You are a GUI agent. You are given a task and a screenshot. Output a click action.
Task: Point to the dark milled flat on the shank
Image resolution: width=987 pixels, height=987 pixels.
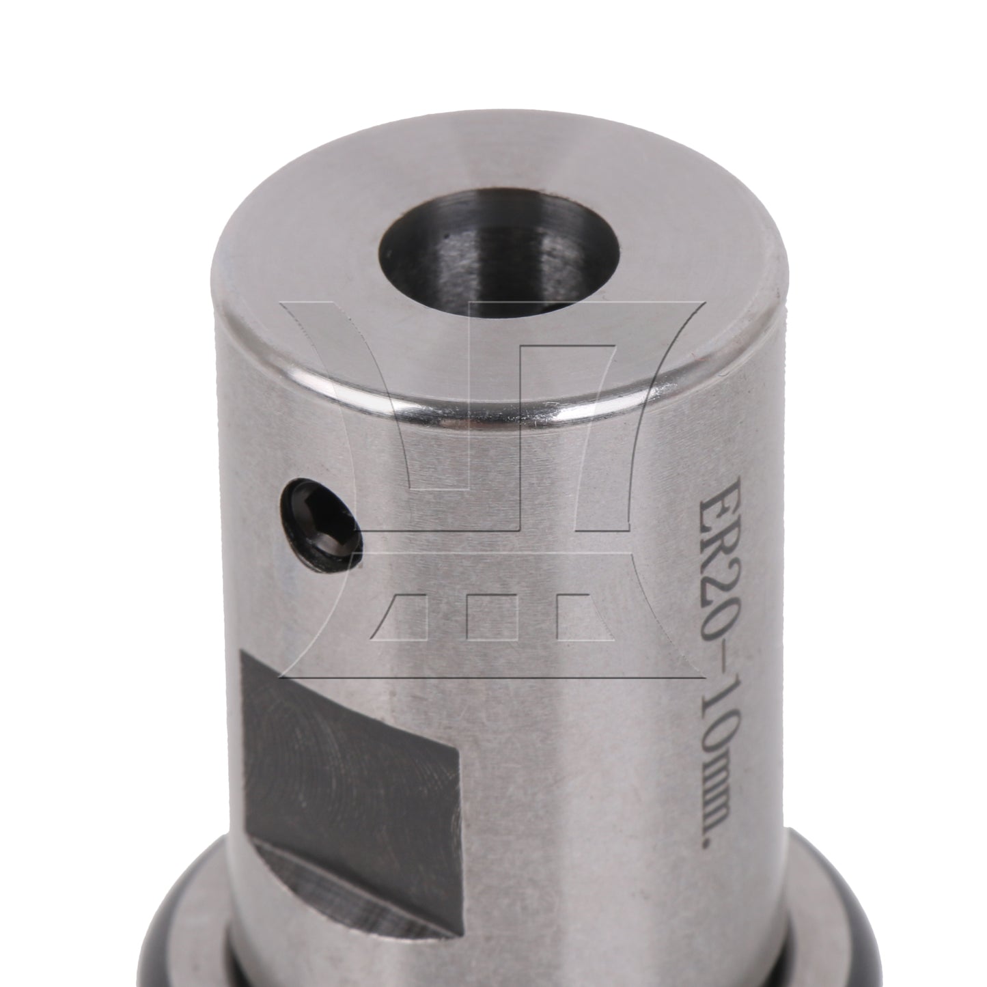click(353, 738)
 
